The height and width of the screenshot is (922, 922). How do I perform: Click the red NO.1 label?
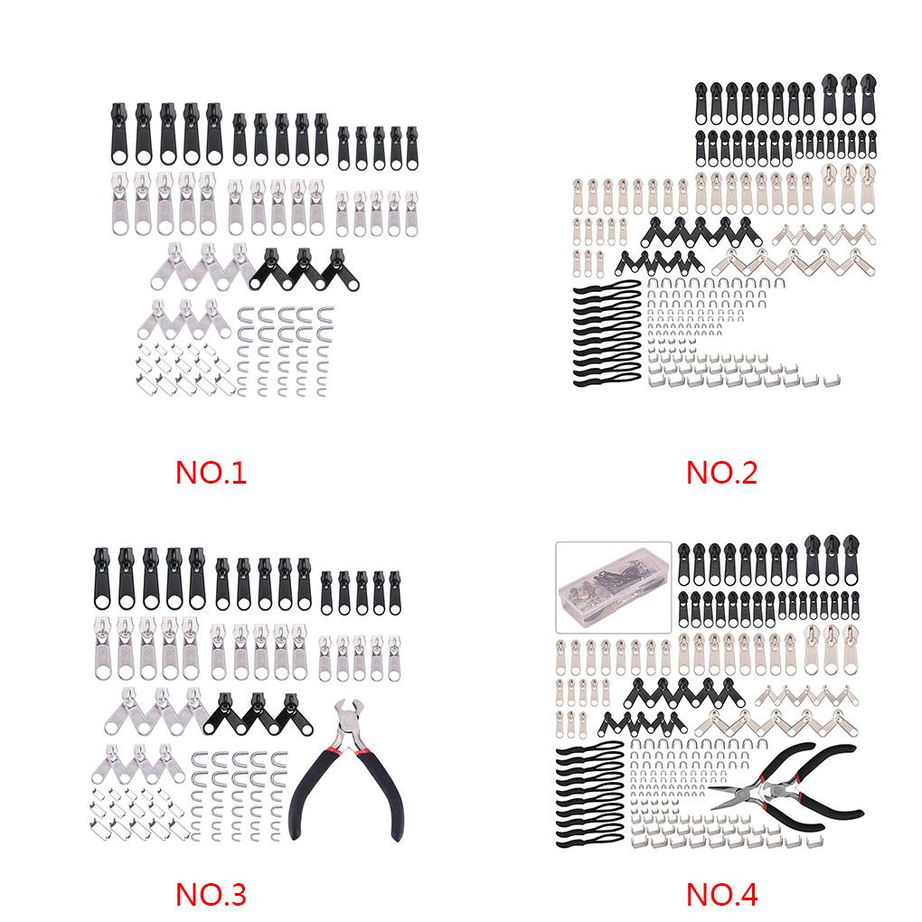click(211, 472)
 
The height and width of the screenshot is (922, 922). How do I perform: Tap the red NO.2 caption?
click(720, 472)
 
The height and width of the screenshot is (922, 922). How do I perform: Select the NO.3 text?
click(211, 894)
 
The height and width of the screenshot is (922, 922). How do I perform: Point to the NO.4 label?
click(720, 894)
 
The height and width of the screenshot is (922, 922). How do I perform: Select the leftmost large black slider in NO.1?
click(120, 136)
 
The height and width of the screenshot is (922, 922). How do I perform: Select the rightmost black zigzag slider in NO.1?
click(336, 267)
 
